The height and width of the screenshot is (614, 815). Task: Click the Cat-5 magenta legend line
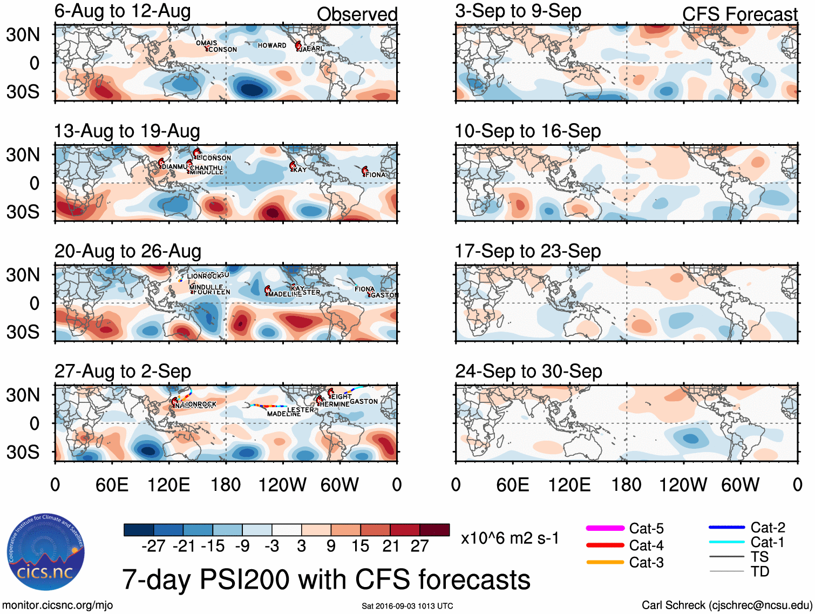pos(605,528)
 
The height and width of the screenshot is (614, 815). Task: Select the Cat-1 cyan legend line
pos(726,542)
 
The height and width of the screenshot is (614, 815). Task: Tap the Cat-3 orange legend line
pos(605,562)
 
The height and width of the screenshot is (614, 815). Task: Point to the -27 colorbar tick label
pos(153,546)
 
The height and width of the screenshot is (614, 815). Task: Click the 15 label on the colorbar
pos(360,546)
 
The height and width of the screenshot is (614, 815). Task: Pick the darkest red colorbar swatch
pos(434,530)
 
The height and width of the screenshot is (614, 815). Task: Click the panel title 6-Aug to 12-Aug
pos(123,11)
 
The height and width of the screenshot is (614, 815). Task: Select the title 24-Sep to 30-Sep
pos(528,372)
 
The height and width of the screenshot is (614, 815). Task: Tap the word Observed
pos(357,15)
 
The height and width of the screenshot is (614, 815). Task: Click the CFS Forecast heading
pos(739,15)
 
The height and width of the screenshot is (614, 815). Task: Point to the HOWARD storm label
pos(272,45)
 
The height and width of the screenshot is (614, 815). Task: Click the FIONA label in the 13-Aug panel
pos(376,175)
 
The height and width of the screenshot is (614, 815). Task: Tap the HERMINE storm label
pos(334,404)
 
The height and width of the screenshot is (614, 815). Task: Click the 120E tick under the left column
pos(169,485)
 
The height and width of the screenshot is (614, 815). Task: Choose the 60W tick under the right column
pos(740,485)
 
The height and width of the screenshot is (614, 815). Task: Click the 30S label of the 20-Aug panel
pos(23,332)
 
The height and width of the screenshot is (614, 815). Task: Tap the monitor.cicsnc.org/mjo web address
pos(57,605)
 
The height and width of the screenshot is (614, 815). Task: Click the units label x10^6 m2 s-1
pos(510,538)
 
